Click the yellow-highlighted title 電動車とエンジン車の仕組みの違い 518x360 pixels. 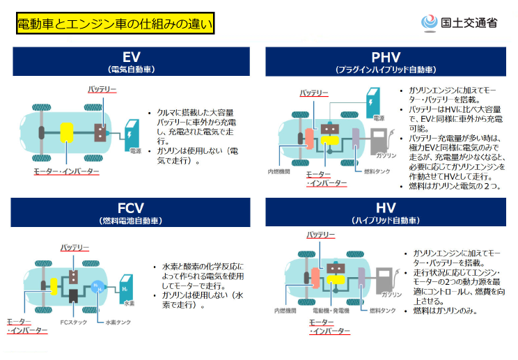point(115,24)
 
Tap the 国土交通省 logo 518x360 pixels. point(460,22)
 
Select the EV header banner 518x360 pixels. point(131,61)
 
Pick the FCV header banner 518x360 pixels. point(131,212)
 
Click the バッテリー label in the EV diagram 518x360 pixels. point(102,90)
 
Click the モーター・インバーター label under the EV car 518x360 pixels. point(66,171)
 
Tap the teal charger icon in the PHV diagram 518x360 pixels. point(375,102)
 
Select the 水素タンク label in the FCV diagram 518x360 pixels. point(118,322)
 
